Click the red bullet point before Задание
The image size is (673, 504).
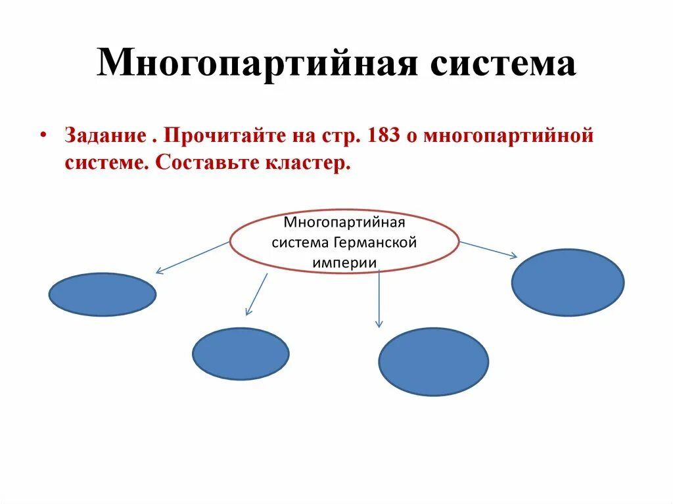pos(43,135)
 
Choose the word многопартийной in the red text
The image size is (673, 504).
pos(509,136)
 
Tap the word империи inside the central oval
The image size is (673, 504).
pos(344,262)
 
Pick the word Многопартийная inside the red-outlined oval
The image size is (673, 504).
pos(344,223)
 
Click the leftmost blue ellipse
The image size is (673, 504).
pos(102,294)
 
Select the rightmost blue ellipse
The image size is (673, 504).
pos(568,282)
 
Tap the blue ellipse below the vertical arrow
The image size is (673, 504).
pos(433,361)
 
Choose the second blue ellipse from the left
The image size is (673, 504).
pos(241,354)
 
